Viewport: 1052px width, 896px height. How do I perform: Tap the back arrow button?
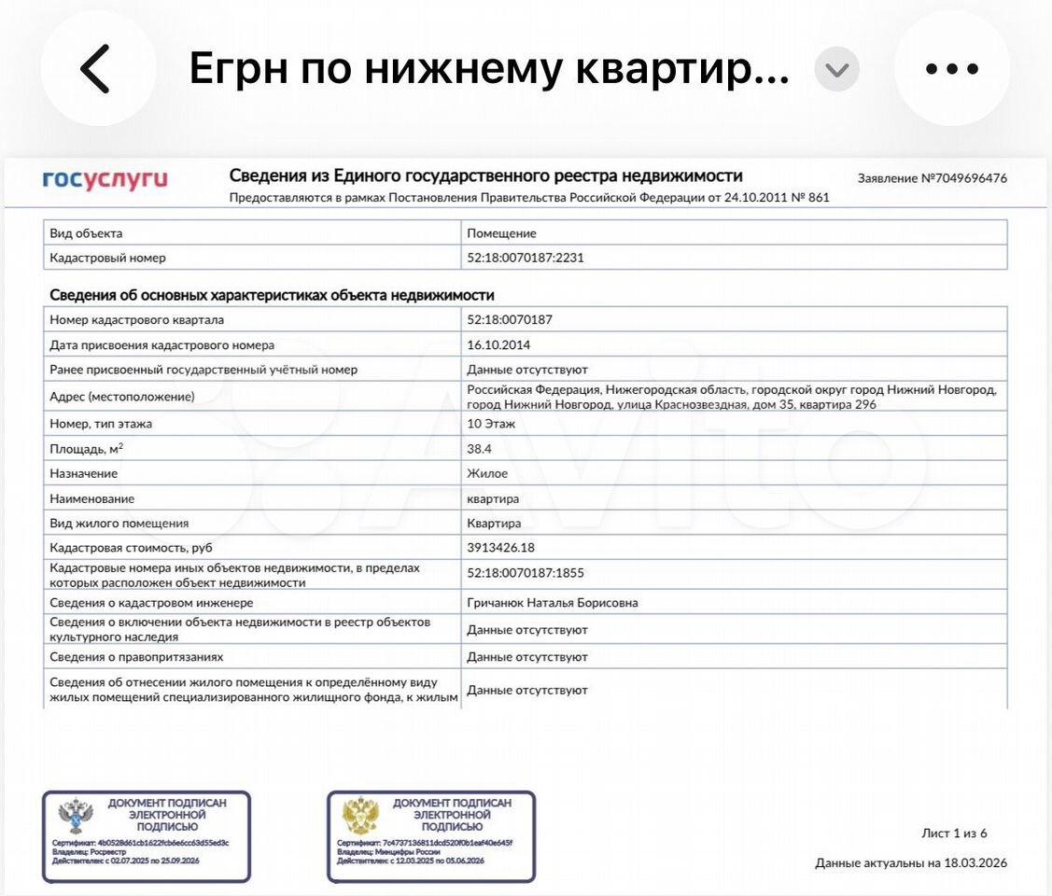point(97,69)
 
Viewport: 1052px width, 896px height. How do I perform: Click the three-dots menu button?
point(951,69)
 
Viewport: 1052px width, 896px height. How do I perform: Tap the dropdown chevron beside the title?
point(837,70)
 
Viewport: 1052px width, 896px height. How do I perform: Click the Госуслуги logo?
point(105,179)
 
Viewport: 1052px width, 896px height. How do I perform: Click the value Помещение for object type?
point(501,233)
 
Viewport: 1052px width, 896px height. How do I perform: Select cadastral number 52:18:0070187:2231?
point(525,258)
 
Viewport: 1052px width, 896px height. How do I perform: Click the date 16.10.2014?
point(498,344)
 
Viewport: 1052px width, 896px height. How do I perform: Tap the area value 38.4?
point(480,448)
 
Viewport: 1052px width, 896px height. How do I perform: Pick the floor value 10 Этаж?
point(491,424)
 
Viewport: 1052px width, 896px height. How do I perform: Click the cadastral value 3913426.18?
point(501,548)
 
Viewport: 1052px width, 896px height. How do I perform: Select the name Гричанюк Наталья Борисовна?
point(553,603)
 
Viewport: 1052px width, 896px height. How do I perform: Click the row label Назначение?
point(84,473)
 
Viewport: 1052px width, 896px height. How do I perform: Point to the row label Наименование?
point(91,498)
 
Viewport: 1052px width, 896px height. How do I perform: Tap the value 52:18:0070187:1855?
point(525,573)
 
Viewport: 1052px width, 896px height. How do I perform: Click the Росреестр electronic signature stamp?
point(147,836)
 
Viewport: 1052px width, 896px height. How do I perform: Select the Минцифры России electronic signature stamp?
point(431,836)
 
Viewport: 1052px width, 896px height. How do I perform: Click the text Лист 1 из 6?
point(953,833)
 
